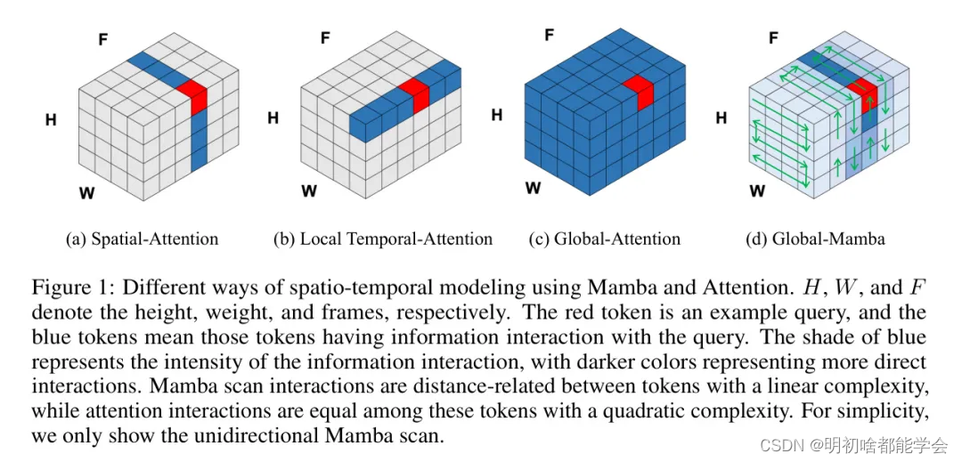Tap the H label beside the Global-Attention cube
497,115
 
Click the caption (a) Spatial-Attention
142,239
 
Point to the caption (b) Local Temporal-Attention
383,239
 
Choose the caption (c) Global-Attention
604,239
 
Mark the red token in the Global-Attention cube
639,93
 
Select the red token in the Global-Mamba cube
860,94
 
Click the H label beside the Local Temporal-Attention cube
273,118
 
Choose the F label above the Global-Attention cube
549,36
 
